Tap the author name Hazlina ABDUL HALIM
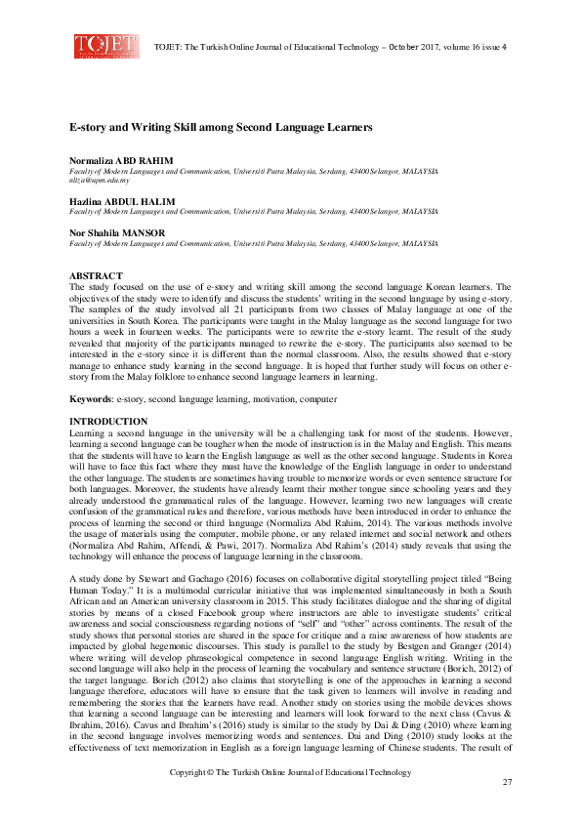click(115, 199)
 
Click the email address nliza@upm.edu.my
click(100, 180)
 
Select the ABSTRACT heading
click(96, 276)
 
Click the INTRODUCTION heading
click(108, 421)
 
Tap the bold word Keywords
click(90, 399)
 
